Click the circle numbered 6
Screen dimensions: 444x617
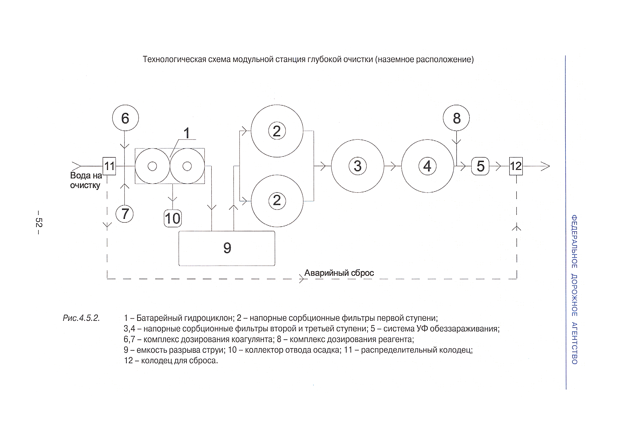pos(125,118)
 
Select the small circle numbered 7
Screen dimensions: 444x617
pos(125,214)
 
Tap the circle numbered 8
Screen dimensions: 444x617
pos(456,118)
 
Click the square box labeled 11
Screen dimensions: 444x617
pos(109,166)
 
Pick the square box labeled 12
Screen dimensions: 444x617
pos(516,166)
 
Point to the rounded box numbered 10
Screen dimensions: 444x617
pos(173,218)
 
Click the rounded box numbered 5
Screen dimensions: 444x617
pos(480,166)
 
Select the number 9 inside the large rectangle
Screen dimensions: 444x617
pos(227,248)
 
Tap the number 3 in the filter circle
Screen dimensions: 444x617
pos(357,166)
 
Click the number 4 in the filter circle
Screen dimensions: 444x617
pos(427,166)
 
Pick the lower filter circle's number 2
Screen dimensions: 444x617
pos(277,201)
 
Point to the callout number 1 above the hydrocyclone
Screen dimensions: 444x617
pos(186,133)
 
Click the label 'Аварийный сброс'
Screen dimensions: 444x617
pos(339,273)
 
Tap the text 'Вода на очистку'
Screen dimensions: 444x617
pos(86,180)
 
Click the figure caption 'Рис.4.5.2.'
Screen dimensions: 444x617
pos(81,318)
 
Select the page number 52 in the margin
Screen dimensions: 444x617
pos(39,222)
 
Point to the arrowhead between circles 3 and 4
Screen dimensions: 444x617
pos(393,166)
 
